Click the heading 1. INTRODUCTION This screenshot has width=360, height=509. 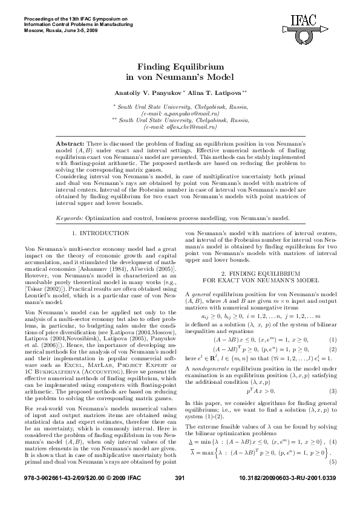coord(100,233)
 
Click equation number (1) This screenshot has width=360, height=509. coord(332,340)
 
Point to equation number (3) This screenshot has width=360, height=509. coord(332,391)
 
